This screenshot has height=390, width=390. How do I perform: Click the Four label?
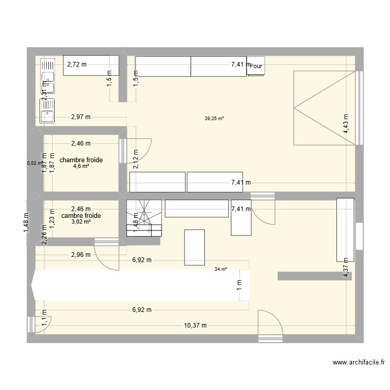coord(257,67)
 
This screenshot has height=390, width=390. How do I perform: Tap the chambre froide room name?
coord(81,160)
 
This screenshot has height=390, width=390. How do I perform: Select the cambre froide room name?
coord(81,215)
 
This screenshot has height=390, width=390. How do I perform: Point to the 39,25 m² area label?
coord(214,119)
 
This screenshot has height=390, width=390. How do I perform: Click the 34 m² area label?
coord(220,269)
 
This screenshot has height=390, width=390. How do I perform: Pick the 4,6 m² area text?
coord(81,166)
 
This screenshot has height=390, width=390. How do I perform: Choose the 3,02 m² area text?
coord(81,222)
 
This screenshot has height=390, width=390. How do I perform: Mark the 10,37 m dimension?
coord(195,326)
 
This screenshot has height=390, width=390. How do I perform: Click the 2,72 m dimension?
coord(77,64)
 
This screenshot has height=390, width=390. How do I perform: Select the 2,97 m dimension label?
coord(81,117)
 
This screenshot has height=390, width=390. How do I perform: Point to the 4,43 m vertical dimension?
coord(346,124)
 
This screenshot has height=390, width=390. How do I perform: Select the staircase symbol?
coord(144,218)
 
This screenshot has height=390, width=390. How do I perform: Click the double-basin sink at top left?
coord(47,76)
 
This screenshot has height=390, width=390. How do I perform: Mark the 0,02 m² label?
coord(34,163)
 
